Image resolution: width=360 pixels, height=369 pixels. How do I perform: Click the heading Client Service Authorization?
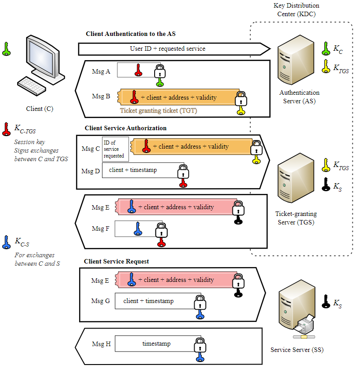[x=125, y=128]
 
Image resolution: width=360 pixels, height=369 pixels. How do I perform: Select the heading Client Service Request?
[x=116, y=261]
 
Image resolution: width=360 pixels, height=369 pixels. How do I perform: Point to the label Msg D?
[x=90, y=171]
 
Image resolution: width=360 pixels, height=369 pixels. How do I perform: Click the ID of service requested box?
[x=116, y=149]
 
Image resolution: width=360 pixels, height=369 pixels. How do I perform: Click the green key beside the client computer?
[x=6, y=48]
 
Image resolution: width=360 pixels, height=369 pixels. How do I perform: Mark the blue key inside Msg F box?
[x=138, y=229]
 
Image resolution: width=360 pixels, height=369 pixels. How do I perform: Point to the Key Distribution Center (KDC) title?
[x=296, y=9]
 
